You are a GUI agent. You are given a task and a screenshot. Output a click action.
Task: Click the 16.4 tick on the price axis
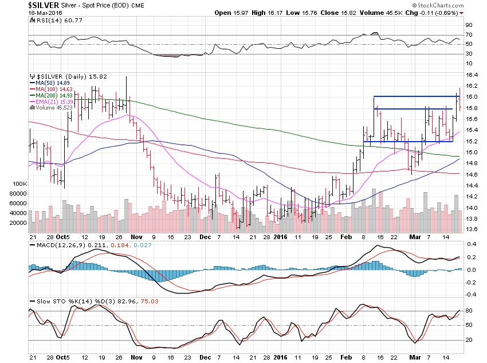[471, 76]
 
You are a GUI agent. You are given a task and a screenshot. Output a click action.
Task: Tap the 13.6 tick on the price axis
[471, 229]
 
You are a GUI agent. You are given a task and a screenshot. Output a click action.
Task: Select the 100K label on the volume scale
[18, 184]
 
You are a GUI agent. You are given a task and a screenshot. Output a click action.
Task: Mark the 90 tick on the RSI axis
[468, 25]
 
